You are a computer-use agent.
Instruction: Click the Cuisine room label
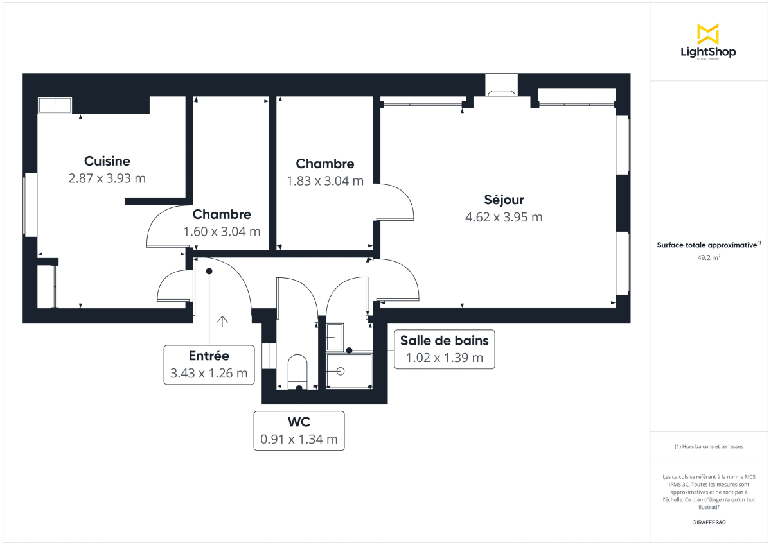pyautogui.click(x=107, y=161)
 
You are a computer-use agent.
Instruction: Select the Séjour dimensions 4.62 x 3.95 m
pyautogui.click(x=504, y=217)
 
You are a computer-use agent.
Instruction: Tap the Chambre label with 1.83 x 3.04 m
pyautogui.click(x=324, y=164)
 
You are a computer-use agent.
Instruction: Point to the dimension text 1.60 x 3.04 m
pyautogui.click(x=222, y=231)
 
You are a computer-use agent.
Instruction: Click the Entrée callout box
pyautogui.click(x=209, y=365)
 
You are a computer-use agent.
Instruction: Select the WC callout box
pyautogui.click(x=299, y=431)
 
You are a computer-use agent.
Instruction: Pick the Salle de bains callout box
pyautogui.click(x=445, y=349)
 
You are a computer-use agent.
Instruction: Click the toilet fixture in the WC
pyautogui.click(x=297, y=370)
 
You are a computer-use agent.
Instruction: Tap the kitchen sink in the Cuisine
pyautogui.click(x=55, y=105)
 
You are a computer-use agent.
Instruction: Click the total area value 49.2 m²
pyautogui.click(x=708, y=257)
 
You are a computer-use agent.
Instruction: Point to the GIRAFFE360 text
pyautogui.click(x=708, y=522)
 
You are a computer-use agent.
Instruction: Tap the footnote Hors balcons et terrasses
pyautogui.click(x=708, y=446)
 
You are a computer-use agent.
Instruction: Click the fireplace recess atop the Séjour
pyautogui.click(x=501, y=86)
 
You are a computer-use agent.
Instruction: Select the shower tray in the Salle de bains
pyautogui.click(x=349, y=371)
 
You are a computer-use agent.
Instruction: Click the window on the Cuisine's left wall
pyautogui.click(x=26, y=205)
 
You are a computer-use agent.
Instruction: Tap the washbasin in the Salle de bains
pyautogui.click(x=335, y=336)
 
